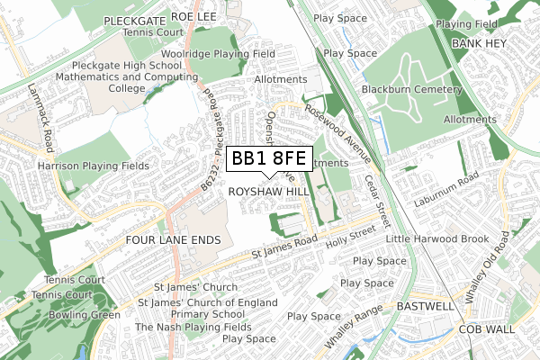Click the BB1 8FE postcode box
pyautogui.click(x=268, y=159)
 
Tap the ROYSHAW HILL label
pyautogui.click(x=268, y=193)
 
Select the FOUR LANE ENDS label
pyautogui.click(x=173, y=240)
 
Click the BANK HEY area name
pyautogui.click(x=480, y=43)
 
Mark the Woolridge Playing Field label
pyautogui.click(x=231, y=54)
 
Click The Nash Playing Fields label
pyautogui.click(x=193, y=327)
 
